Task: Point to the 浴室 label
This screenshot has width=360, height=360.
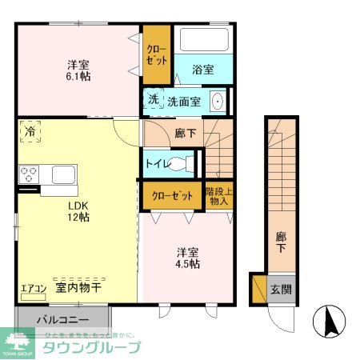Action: (203, 70)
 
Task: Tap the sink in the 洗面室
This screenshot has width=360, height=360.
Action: (216, 101)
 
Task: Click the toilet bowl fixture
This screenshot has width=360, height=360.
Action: (183, 163)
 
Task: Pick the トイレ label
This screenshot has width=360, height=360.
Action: (157, 163)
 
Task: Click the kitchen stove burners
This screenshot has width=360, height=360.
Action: (30, 174)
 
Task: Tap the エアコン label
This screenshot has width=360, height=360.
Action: (34, 288)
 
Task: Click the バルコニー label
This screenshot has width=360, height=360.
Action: (54, 318)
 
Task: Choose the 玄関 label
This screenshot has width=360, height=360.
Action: (279, 289)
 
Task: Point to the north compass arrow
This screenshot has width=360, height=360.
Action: (329, 322)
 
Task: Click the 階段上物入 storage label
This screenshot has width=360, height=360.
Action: (218, 196)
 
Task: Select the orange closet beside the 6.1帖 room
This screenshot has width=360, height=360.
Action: (156, 55)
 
